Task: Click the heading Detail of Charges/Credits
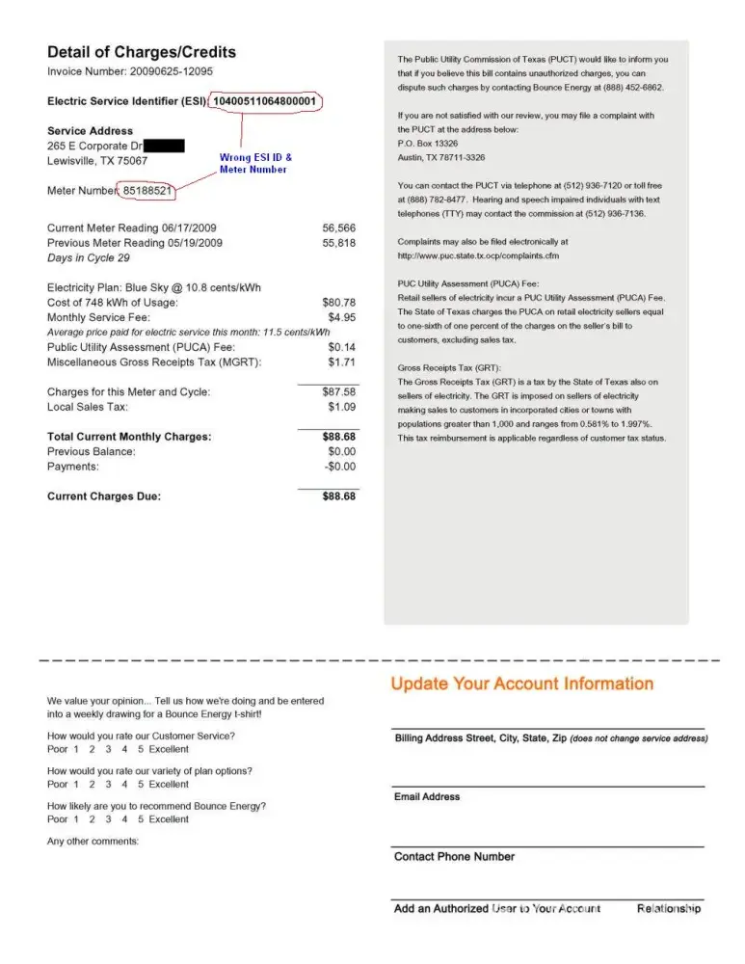141,52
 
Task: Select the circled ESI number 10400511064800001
264,101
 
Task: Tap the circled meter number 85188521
147,191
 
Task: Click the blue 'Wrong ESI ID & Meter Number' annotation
255,163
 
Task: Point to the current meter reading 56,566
338,228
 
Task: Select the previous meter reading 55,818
338,243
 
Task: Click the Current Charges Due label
104,496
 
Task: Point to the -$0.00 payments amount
338,467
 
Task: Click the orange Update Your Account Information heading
521,684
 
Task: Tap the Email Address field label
427,797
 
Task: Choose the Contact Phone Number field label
454,857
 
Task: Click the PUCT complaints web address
478,255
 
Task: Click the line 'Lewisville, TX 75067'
97,161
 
